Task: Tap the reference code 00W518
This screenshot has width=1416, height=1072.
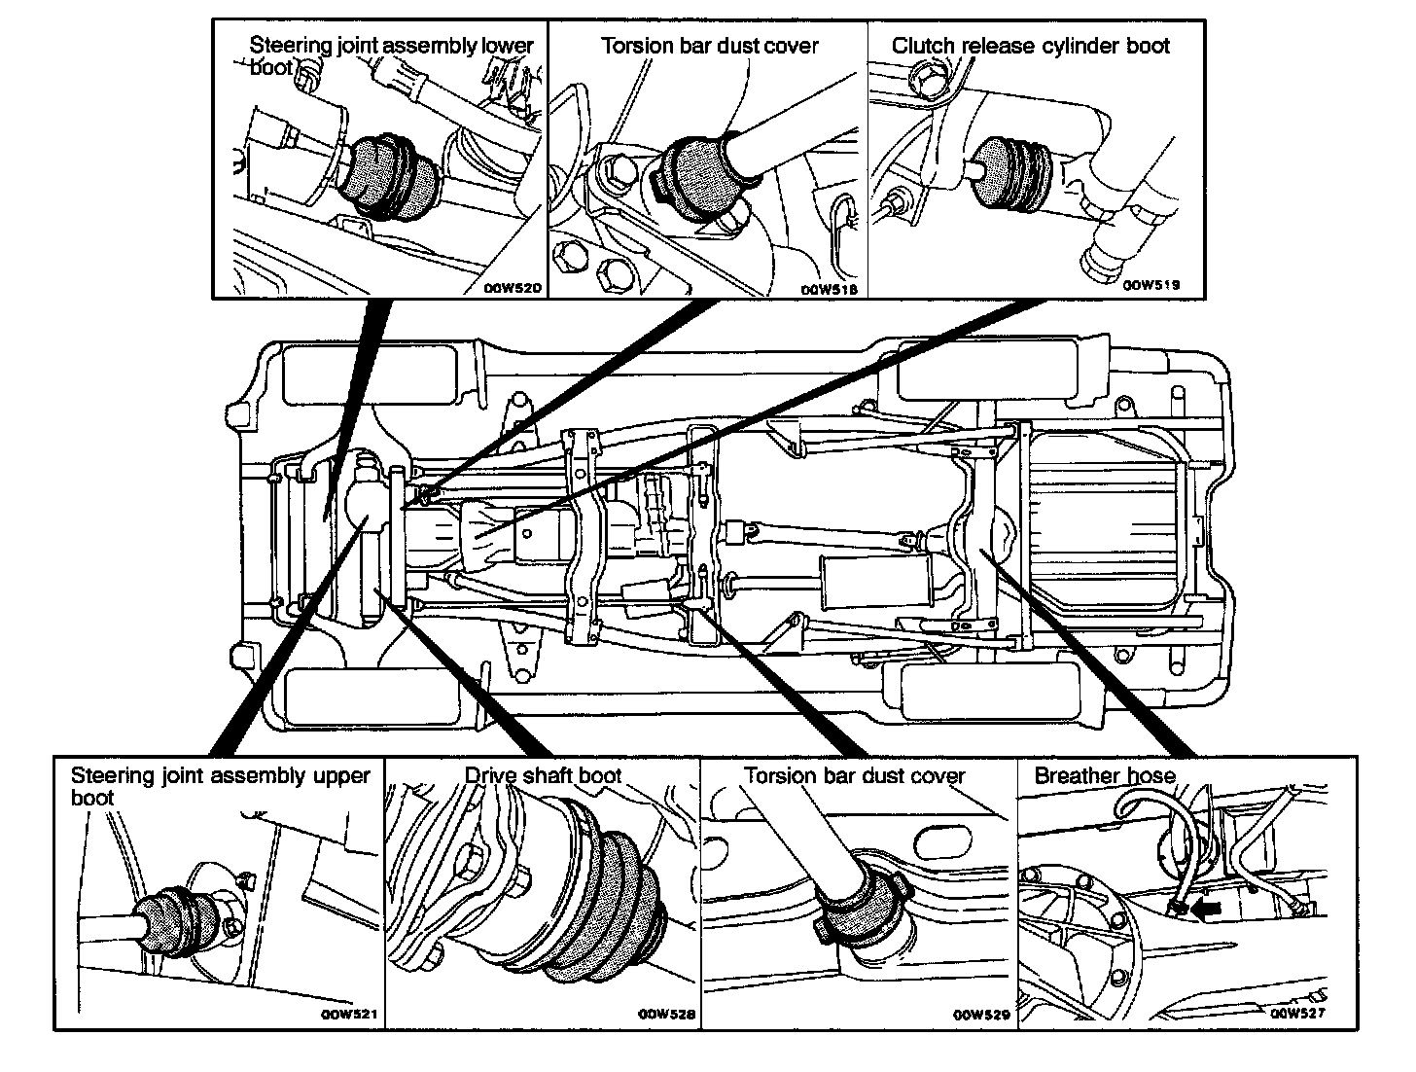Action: tap(826, 289)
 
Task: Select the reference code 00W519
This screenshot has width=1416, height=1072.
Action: tap(1151, 286)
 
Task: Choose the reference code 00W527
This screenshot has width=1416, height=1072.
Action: tap(1299, 1012)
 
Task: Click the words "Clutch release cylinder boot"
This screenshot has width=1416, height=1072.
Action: tap(1031, 46)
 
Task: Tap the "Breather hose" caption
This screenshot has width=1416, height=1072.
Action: tap(1105, 775)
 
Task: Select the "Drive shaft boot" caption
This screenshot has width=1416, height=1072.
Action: tap(542, 775)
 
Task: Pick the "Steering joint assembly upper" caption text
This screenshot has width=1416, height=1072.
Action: tap(220, 775)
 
